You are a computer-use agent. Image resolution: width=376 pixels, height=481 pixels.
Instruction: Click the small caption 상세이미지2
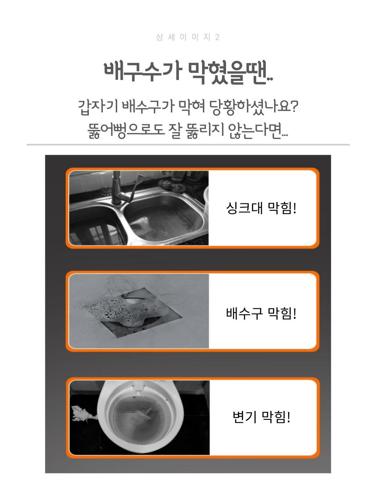[188, 38]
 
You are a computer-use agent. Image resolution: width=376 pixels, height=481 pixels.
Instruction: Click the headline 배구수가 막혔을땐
[188, 73]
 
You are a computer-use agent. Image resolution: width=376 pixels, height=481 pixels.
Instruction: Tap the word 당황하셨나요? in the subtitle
[254, 107]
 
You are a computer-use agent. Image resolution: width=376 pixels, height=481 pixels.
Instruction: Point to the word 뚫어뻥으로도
[126, 131]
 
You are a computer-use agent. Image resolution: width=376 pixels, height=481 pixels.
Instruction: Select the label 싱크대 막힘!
[261, 208]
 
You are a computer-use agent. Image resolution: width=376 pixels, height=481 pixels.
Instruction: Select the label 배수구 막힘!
[261, 313]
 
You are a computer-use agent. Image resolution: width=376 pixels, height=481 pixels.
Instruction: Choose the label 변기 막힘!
[261, 417]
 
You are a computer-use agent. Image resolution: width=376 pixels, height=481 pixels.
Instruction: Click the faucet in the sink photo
[123, 188]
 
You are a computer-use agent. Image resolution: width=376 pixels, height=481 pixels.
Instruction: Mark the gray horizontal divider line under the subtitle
[188, 144]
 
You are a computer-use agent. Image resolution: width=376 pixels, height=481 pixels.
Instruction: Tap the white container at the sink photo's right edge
[205, 199]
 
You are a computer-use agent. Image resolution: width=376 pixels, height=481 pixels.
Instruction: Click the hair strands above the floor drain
[129, 287]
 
